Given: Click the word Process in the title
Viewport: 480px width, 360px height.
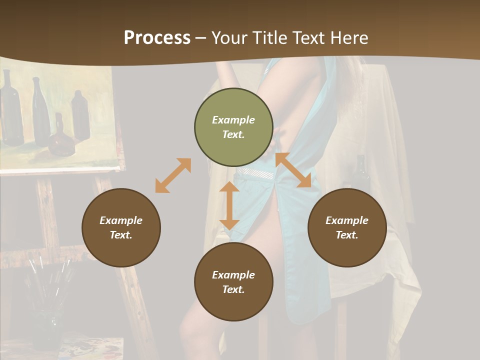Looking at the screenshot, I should pyautogui.click(x=157, y=37).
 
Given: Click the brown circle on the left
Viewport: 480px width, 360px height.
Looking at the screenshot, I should pyautogui.click(x=121, y=227).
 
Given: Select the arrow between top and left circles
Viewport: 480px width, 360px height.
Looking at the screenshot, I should pyautogui.click(x=173, y=175).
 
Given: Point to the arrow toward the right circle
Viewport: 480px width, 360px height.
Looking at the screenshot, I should pyautogui.click(x=293, y=170).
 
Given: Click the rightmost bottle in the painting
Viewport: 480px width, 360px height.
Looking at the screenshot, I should pyautogui.click(x=80, y=116).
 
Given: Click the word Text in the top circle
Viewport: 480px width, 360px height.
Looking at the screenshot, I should pyautogui.click(x=233, y=134).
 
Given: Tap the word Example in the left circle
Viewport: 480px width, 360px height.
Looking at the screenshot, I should pyautogui.click(x=121, y=220).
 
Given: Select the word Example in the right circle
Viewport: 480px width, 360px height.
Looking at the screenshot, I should pyautogui.click(x=347, y=220).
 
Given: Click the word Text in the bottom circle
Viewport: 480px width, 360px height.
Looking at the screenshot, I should pyautogui.click(x=233, y=289).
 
